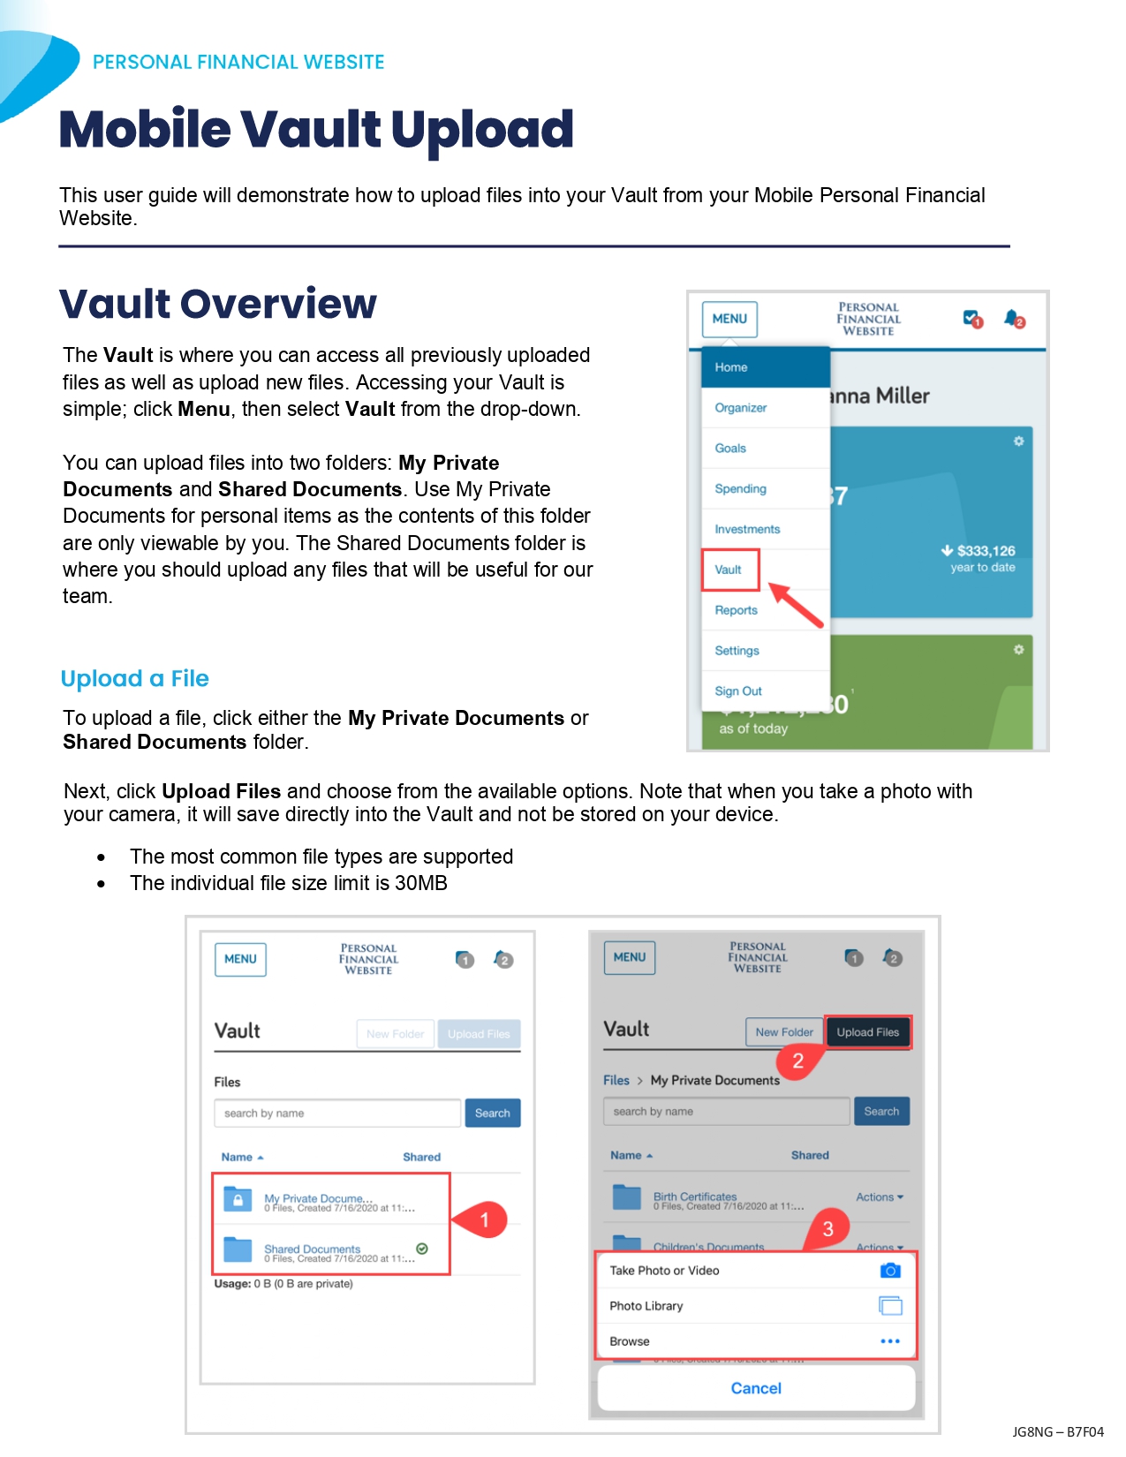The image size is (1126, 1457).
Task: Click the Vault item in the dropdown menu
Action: (x=729, y=570)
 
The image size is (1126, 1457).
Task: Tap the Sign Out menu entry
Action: (x=738, y=691)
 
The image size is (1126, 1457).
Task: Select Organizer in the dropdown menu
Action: (x=741, y=408)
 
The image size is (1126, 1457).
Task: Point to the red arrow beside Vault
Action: (x=796, y=604)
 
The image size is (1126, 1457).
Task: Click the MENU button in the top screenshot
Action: (x=729, y=319)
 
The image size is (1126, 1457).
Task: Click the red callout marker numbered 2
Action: (x=797, y=1061)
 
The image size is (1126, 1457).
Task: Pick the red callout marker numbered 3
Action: (x=827, y=1228)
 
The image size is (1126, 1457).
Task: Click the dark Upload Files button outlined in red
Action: (x=867, y=1032)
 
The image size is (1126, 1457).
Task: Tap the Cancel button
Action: (x=756, y=1388)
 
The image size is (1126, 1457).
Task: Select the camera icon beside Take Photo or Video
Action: (x=890, y=1271)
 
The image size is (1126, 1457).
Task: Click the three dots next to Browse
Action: (x=890, y=1341)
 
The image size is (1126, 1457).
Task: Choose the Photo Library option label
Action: (x=646, y=1306)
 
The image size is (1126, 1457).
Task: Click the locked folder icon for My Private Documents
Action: (x=238, y=1199)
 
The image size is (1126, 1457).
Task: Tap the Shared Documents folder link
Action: (x=313, y=1249)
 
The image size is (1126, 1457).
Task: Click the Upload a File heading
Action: (x=135, y=678)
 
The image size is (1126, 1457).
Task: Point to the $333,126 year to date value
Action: (x=981, y=557)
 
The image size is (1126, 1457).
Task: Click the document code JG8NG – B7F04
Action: (x=1058, y=1431)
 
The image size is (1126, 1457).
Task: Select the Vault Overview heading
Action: (x=218, y=304)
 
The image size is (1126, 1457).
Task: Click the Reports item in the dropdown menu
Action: (x=737, y=610)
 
